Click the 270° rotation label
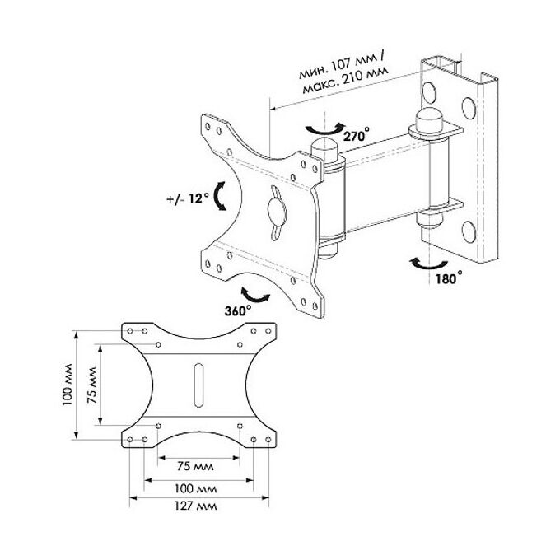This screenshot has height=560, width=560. coord(356,135)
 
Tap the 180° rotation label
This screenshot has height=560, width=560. coord(449,278)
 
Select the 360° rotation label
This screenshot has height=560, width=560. coord(238,310)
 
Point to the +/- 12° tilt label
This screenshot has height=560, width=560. coord(188,198)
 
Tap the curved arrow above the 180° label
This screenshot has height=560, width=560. coord(428,264)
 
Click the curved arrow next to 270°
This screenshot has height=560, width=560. coord(325,129)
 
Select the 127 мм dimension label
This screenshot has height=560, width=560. coord(196,506)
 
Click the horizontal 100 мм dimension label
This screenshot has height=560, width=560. coord(196,488)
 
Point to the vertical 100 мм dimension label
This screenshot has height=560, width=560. coord(68,385)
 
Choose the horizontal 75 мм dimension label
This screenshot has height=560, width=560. coord(195,466)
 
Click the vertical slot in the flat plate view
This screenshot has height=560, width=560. coord(198,385)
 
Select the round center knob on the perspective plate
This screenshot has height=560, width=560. coord(277,212)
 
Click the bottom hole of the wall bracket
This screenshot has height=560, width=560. coord(469,231)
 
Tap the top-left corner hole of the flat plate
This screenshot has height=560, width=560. coord(130,331)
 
